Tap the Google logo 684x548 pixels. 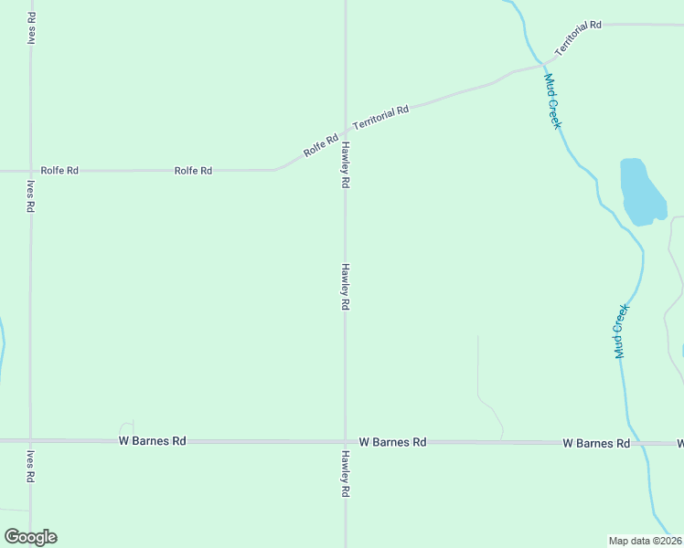pyautogui.click(x=30, y=537)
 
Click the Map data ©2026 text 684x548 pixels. pyautogui.click(x=646, y=540)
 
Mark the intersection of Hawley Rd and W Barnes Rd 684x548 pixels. pyautogui.click(x=345, y=442)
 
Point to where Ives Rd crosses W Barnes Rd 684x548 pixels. pyautogui.click(x=30, y=441)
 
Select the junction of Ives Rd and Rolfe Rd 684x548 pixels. pyautogui.click(x=30, y=171)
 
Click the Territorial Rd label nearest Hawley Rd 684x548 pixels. pyautogui.click(x=379, y=116)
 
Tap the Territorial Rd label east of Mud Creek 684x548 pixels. pyautogui.click(x=577, y=37)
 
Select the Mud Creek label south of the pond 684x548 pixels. pyautogui.click(x=622, y=331)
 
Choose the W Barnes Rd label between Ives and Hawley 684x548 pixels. pyautogui.click(x=153, y=441)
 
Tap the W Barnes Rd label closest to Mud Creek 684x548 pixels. pyautogui.click(x=596, y=443)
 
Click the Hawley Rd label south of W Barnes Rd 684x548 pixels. pyautogui.click(x=346, y=473)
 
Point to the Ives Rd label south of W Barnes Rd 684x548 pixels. pyautogui.click(x=30, y=466)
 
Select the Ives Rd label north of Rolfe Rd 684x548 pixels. pyautogui.click(x=32, y=27)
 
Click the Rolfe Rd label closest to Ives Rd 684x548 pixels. pyautogui.click(x=59, y=171)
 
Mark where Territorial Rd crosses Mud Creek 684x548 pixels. pyautogui.click(x=544, y=64)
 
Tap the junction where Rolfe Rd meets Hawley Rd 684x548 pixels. pyautogui.click(x=345, y=130)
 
